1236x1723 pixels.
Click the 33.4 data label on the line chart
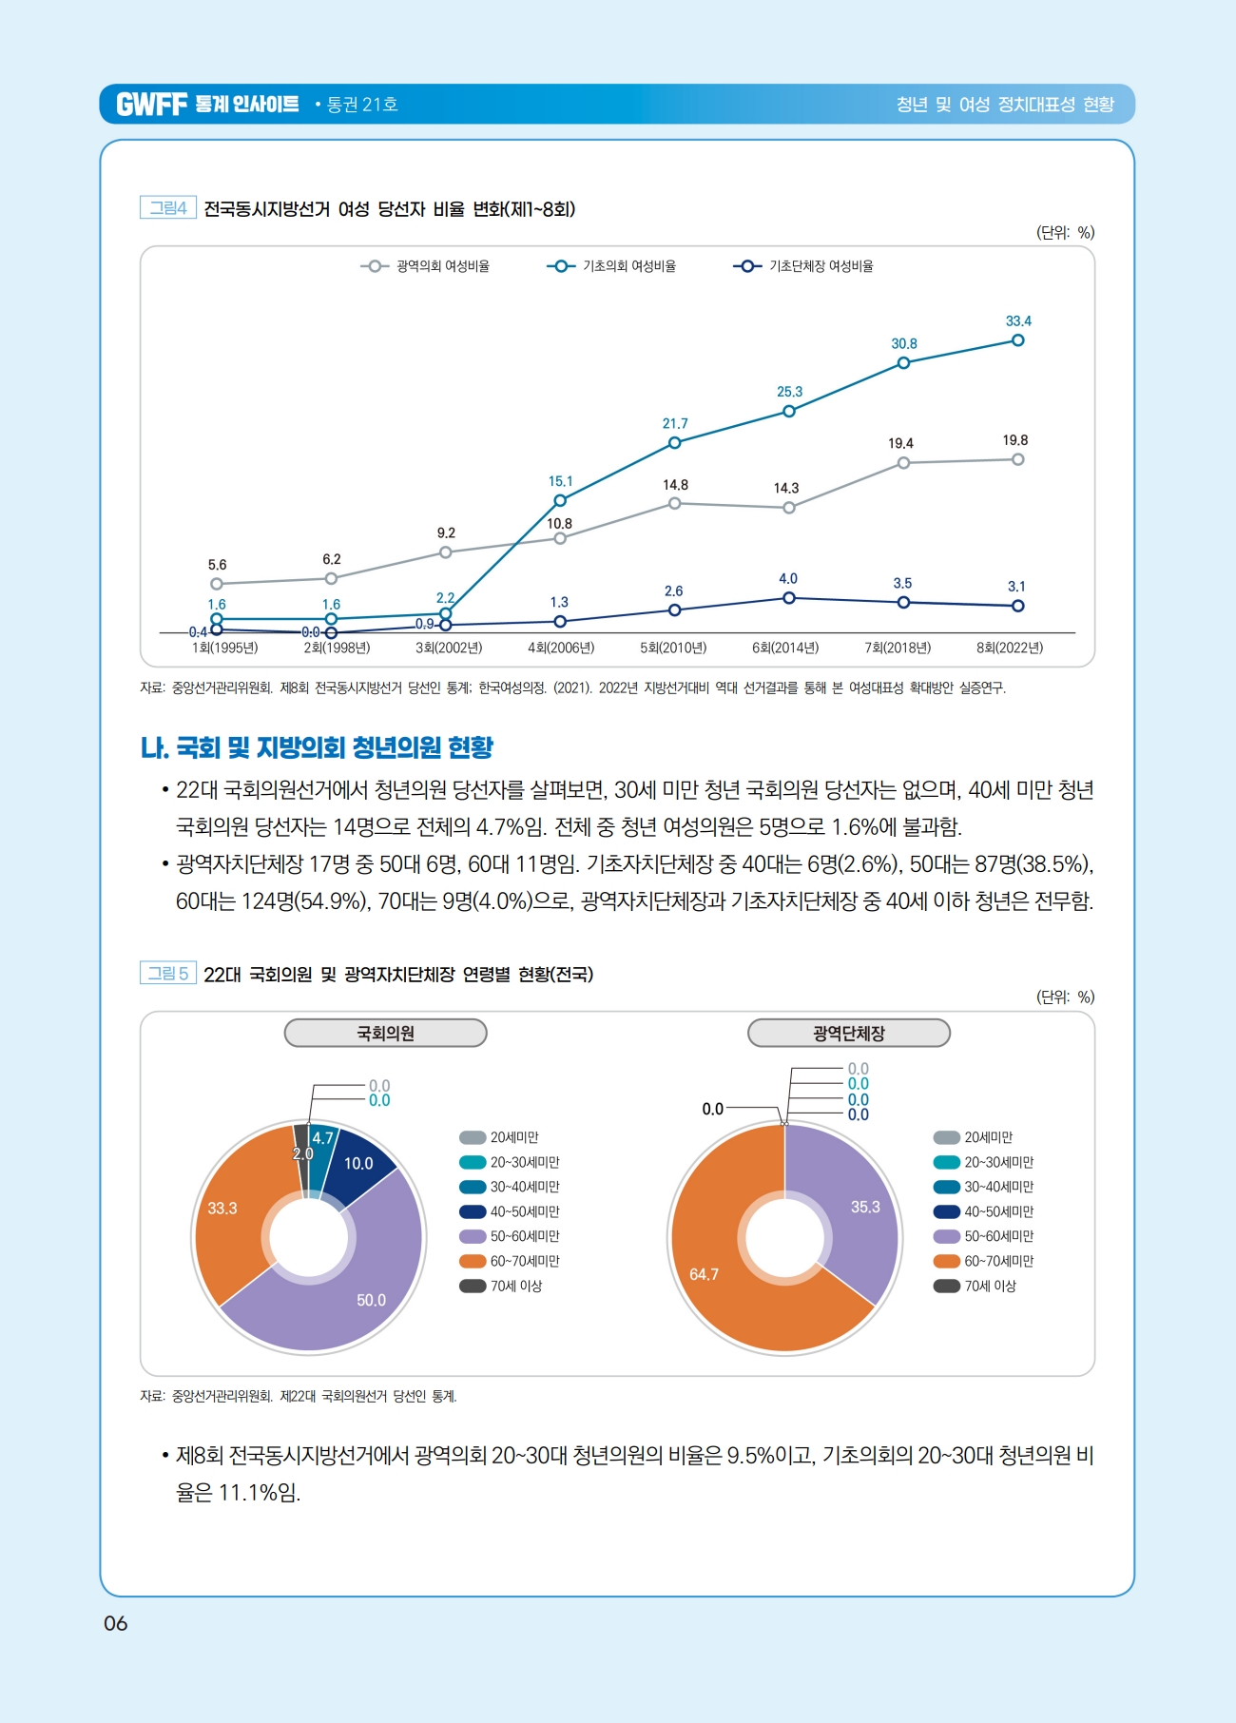(1018, 321)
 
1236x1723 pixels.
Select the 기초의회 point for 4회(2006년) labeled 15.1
(560, 500)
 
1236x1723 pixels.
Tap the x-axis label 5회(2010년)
(673, 648)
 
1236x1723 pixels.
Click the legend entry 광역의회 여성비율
(426, 266)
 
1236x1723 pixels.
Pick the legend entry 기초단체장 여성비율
(804, 266)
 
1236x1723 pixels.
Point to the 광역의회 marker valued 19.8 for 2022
(1017, 459)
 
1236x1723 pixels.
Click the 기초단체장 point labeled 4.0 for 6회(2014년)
(789, 598)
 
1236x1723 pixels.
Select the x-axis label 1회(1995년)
(224, 648)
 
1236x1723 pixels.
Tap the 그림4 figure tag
(168, 207)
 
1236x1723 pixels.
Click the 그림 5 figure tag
(168, 973)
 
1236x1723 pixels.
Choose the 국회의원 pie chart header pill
(385, 1033)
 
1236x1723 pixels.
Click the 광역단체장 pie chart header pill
(848, 1033)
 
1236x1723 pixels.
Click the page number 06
(115, 1623)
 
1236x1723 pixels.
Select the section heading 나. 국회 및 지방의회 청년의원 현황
(317, 747)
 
